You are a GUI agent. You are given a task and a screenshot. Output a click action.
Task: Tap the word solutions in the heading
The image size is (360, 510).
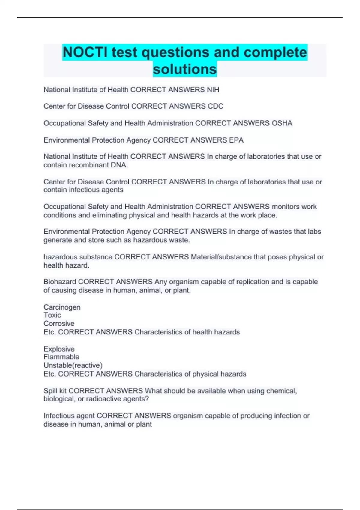coord(185,69)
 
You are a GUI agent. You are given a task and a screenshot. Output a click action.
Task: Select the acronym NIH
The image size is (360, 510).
coord(213,90)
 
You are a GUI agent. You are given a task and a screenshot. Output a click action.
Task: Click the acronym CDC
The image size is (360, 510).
coord(215,106)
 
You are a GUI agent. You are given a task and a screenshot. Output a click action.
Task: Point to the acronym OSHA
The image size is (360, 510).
coord(282,123)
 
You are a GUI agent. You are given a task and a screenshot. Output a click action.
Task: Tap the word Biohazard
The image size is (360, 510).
coord(60,282)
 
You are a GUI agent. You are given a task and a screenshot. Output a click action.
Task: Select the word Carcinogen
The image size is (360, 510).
coord(62,307)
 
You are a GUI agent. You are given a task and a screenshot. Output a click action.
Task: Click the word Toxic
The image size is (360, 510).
coord(52,315)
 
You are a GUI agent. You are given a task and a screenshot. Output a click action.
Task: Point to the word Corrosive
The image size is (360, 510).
coord(59,324)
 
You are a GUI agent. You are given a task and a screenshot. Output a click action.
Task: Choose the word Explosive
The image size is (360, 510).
coord(59,349)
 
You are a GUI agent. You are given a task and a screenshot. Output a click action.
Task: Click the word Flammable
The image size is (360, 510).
coord(61,357)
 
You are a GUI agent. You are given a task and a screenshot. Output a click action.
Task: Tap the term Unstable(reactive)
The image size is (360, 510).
coord(73,365)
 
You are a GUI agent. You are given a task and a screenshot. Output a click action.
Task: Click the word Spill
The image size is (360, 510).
coord(50,391)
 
